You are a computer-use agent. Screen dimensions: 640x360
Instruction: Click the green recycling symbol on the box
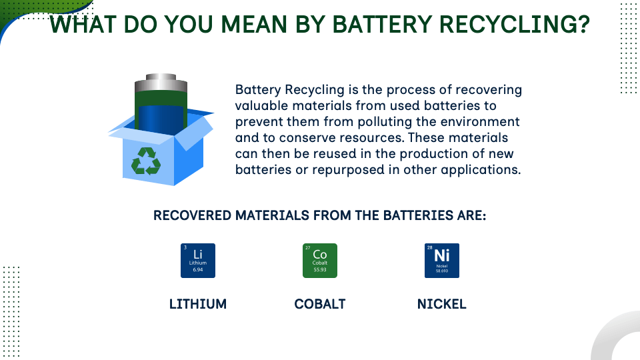[x=146, y=161]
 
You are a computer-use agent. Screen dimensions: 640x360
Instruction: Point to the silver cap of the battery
[x=161, y=84]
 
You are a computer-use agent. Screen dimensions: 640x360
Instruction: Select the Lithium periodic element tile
[x=198, y=261]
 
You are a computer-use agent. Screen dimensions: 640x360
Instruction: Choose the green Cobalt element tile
[x=320, y=261]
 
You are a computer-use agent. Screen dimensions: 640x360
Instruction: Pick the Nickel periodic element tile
[x=441, y=261]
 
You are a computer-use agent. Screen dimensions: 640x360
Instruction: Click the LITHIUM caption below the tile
[x=198, y=304]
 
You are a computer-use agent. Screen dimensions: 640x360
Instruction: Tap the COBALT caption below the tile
[x=320, y=304]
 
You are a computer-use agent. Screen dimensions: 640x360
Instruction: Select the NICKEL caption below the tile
[x=441, y=304]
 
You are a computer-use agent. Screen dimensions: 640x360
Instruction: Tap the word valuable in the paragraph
[x=261, y=106]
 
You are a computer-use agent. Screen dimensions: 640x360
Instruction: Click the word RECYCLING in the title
[x=509, y=24]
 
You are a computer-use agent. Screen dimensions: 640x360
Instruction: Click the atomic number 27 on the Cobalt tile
[x=308, y=248]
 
